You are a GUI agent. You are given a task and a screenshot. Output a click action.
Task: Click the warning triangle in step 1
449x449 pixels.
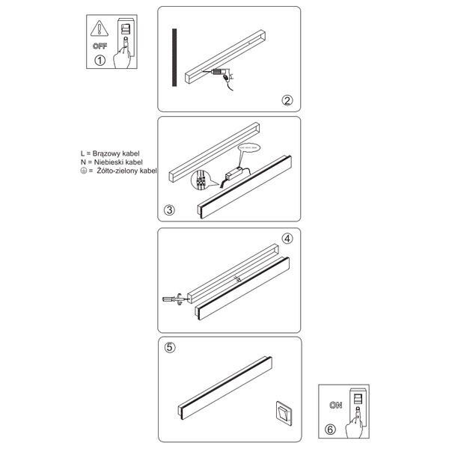97,30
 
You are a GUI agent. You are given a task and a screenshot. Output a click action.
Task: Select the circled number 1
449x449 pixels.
100,61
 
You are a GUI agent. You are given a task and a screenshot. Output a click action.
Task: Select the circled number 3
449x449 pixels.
170,210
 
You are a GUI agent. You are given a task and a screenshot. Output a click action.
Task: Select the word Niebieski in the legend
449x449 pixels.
109,161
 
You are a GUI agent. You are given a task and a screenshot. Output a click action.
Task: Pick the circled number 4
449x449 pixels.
286,239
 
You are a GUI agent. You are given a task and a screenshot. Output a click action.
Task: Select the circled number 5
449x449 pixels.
170,348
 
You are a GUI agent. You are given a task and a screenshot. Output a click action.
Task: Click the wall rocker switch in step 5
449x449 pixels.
284,411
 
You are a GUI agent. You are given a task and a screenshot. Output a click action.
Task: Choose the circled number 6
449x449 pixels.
331,430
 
